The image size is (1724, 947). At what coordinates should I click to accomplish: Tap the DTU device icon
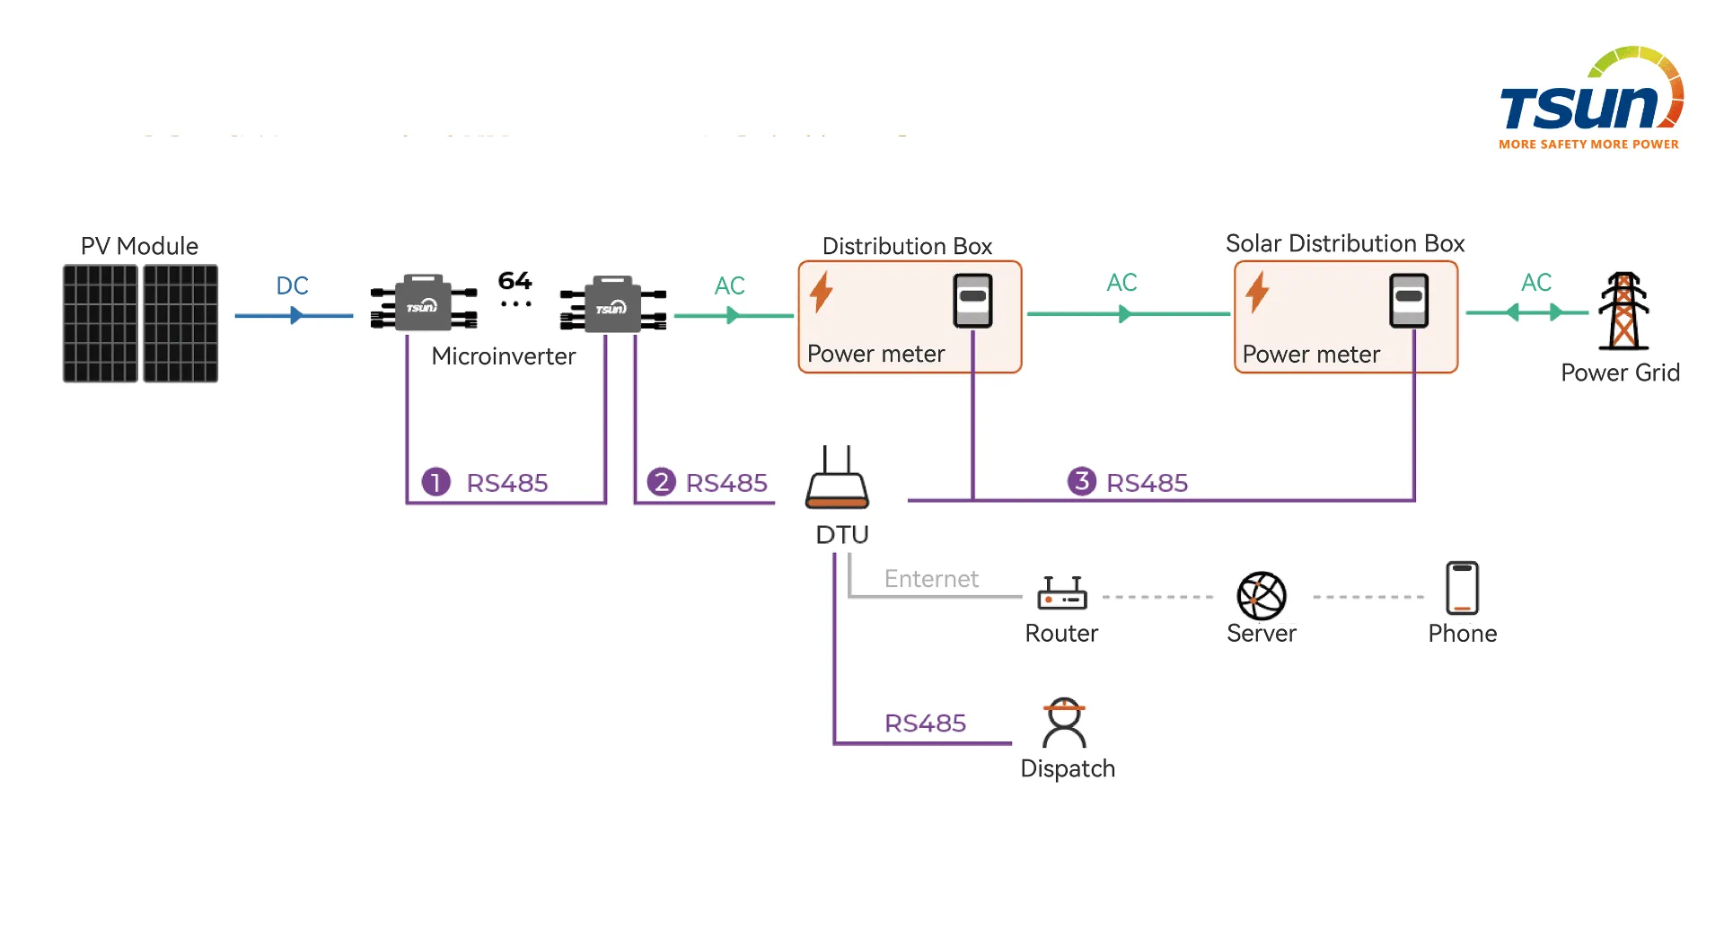(837, 481)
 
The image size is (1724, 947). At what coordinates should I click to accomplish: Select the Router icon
(1061, 593)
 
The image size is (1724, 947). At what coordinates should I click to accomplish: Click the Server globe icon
(1262, 596)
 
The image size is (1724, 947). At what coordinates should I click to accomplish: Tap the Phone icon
(1462, 588)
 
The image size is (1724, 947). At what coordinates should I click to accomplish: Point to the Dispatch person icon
(1064, 723)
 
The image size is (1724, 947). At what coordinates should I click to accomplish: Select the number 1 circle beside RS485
(435, 482)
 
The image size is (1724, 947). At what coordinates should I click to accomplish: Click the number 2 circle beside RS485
(661, 482)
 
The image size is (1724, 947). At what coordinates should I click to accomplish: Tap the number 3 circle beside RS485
(1081, 481)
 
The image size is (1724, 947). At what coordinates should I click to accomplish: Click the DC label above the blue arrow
(292, 285)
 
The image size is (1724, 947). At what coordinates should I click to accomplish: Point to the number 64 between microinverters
(515, 281)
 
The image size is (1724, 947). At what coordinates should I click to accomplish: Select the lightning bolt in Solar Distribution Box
(1257, 292)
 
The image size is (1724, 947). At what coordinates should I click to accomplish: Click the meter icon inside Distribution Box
(972, 301)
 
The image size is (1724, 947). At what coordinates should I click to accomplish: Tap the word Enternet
(931, 579)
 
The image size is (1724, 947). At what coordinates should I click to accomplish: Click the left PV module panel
(101, 323)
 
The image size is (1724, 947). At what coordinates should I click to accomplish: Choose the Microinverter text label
(503, 356)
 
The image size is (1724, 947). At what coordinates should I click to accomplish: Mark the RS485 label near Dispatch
(925, 723)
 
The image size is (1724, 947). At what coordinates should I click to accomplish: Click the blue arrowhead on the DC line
(296, 316)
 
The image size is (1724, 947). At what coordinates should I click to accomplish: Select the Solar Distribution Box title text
(1344, 243)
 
